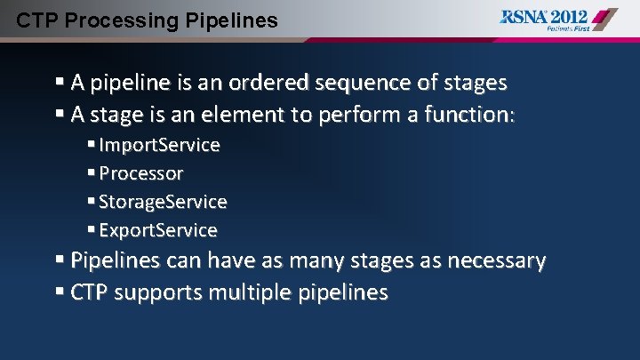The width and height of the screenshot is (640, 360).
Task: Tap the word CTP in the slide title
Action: tap(35, 19)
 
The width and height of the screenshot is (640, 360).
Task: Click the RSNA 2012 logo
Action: tap(556, 16)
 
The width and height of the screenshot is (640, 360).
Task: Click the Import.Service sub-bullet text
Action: tap(159, 145)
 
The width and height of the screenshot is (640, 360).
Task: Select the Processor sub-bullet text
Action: tap(141, 173)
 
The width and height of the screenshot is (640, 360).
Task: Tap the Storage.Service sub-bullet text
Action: tap(163, 202)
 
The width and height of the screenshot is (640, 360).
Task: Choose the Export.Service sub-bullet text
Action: tap(158, 230)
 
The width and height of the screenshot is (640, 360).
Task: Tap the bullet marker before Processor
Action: tap(92, 173)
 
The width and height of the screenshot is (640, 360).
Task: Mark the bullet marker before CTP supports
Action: tap(60, 292)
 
